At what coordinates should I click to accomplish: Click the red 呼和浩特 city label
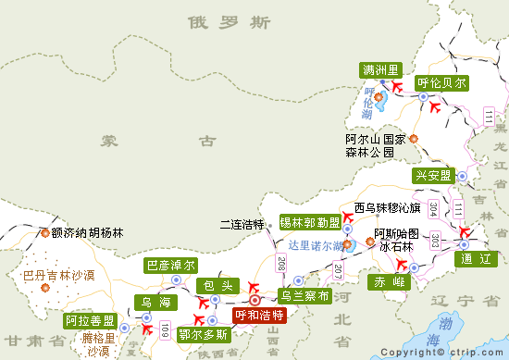tap(259, 316)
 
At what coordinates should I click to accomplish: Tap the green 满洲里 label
tap(380, 70)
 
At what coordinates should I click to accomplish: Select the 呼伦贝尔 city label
tap(441, 81)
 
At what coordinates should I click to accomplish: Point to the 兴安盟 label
tap(432, 176)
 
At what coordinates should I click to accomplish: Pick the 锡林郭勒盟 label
tap(310, 222)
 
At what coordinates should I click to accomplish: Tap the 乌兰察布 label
tap(304, 296)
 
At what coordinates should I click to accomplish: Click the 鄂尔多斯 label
tap(203, 334)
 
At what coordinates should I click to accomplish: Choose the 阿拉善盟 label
tap(91, 321)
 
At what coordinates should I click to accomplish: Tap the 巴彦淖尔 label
tap(171, 265)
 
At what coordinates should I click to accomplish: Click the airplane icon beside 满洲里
tap(399, 87)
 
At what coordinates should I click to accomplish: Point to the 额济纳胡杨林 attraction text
tap(87, 233)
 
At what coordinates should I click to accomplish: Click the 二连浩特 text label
tap(242, 224)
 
